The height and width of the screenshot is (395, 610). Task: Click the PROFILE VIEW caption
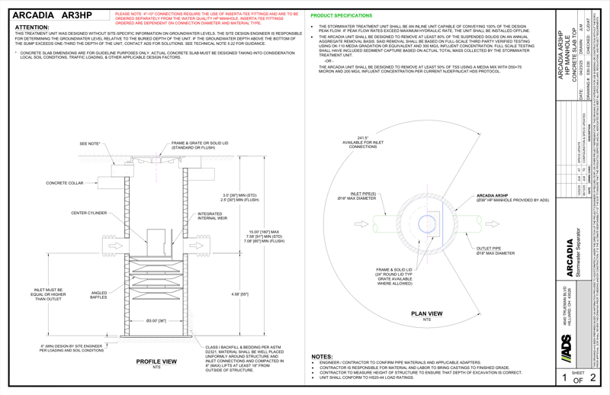point(145,362)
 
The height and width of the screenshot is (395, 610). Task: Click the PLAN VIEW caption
point(426,314)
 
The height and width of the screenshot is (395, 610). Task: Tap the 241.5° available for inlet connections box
point(364,143)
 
